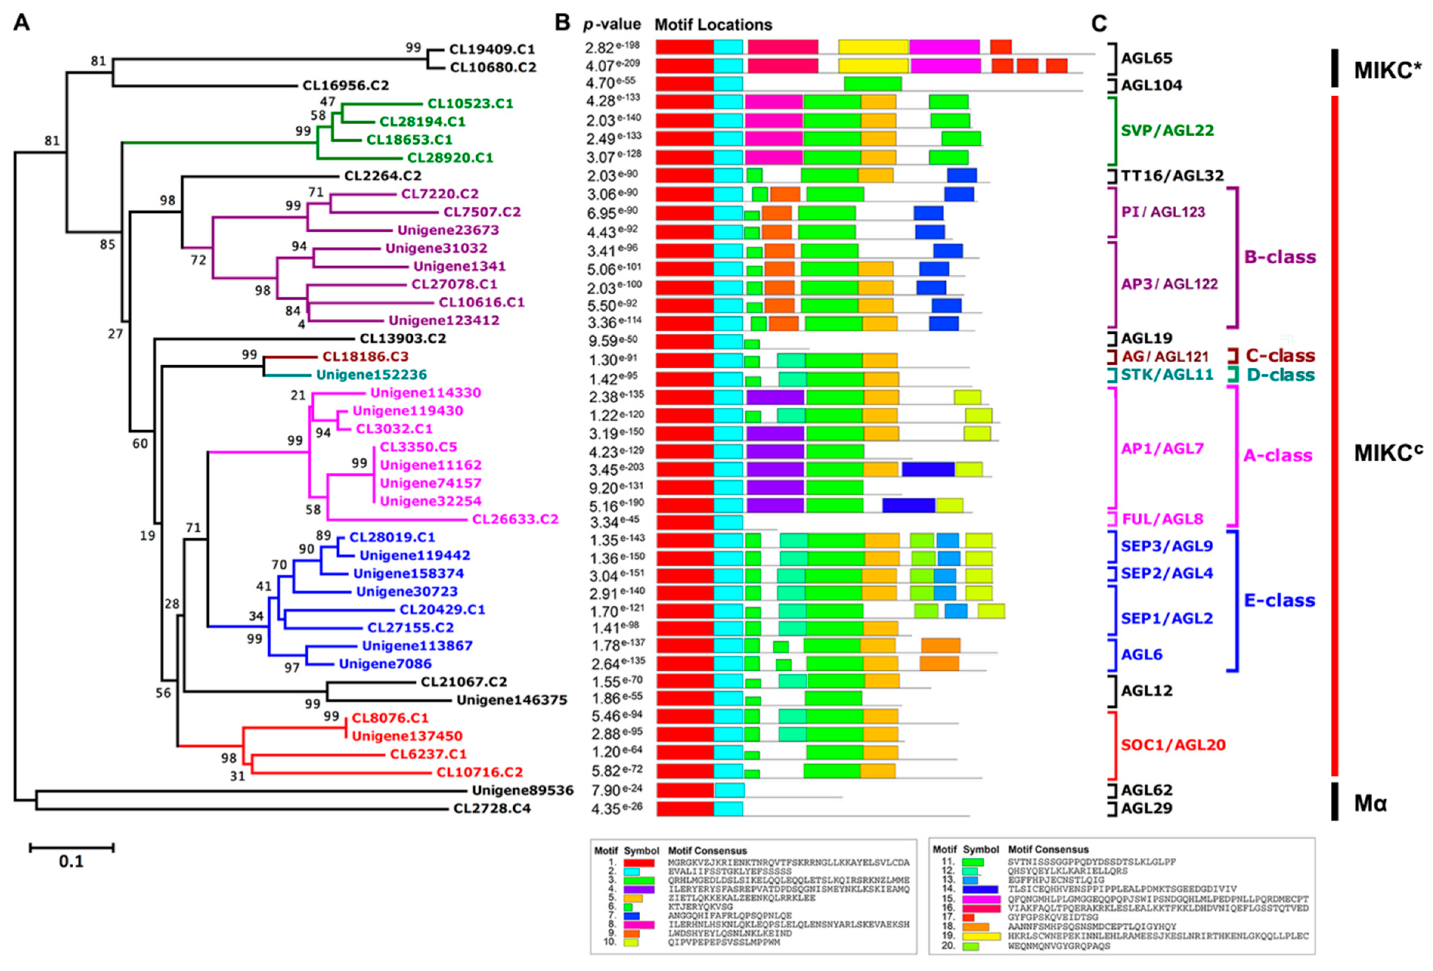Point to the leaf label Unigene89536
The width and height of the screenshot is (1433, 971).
click(522, 790)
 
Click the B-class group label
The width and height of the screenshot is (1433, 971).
click(1280, 257)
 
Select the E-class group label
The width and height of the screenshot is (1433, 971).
click(1280, 600)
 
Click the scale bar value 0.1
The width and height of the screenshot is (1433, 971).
click(71, 861)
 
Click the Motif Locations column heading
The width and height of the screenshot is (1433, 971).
click(713, 25)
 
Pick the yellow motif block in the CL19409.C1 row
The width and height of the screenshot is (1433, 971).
click(873, 47)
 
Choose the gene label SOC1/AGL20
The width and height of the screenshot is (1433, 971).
click(1173, 745)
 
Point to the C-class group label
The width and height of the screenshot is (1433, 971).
click(1280, 356)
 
